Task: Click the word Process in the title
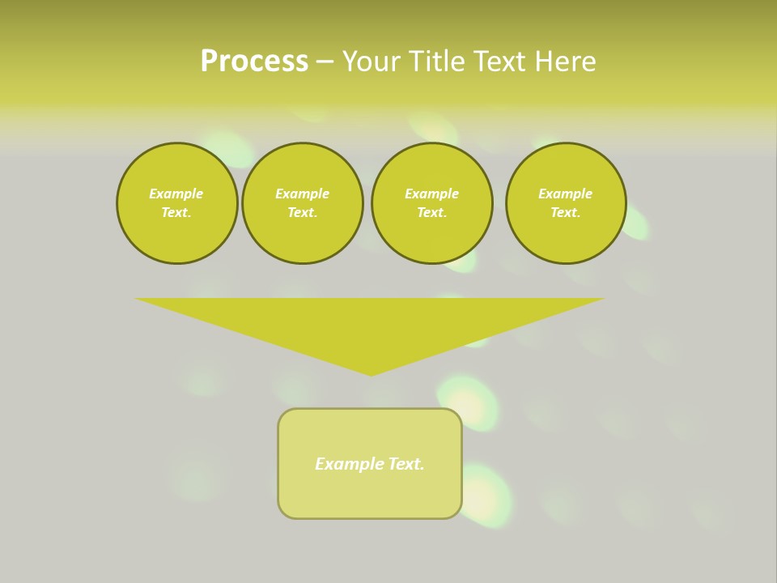click(x=254, y=62)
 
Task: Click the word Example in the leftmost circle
click(x=176, y=194)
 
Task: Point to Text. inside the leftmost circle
click(x=176, y=212)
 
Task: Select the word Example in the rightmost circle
click(x=565, y=194)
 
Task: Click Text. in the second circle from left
click(x=303, y=212)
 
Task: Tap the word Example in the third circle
click(x=431, y=194)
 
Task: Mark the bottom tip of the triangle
click(x=371, y=373)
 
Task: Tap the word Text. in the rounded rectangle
click(x=405, y=464)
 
